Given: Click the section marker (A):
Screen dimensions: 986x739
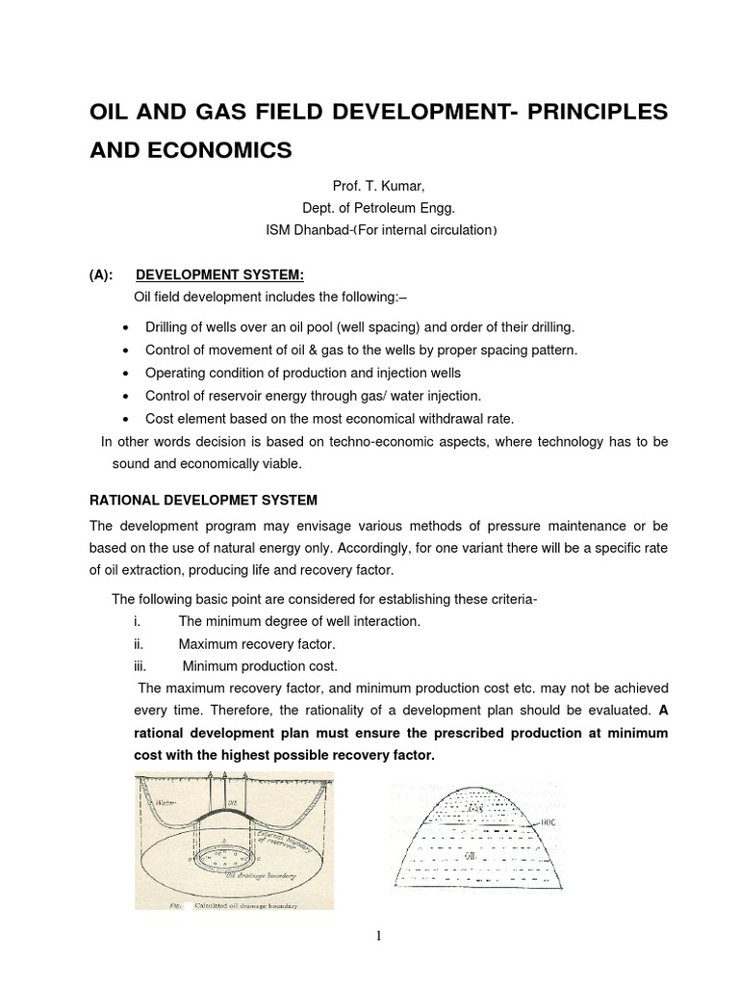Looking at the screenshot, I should click(101, 274).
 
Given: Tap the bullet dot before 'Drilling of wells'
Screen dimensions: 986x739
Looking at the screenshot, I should click(127, 327).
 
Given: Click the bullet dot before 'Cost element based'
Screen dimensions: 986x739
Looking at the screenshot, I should click(127, 420).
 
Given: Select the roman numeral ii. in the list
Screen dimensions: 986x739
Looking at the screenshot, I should click(139, 644).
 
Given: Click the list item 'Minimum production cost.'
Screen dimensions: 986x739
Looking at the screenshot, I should click(260, 665).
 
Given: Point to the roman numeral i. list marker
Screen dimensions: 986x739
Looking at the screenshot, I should click(138, 622).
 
